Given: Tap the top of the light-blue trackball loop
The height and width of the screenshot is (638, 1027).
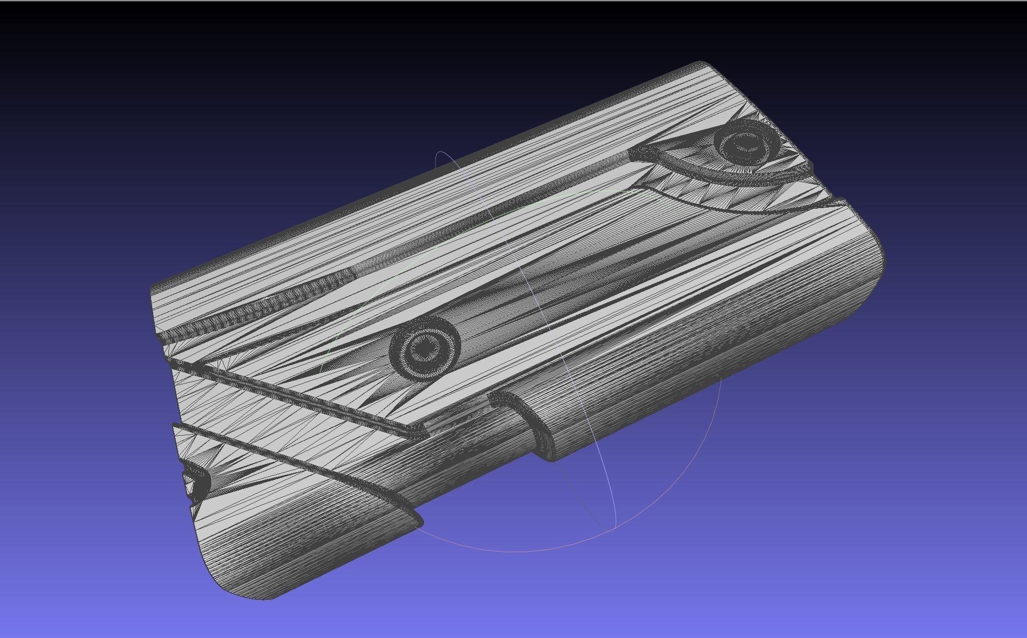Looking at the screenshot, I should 442,153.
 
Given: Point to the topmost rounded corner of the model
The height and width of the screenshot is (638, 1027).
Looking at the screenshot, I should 701,64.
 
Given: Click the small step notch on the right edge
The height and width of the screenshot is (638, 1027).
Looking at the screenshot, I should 839,201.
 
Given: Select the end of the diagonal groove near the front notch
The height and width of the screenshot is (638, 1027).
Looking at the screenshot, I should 418,432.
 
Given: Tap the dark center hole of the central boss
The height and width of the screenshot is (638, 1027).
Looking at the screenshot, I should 424,347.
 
